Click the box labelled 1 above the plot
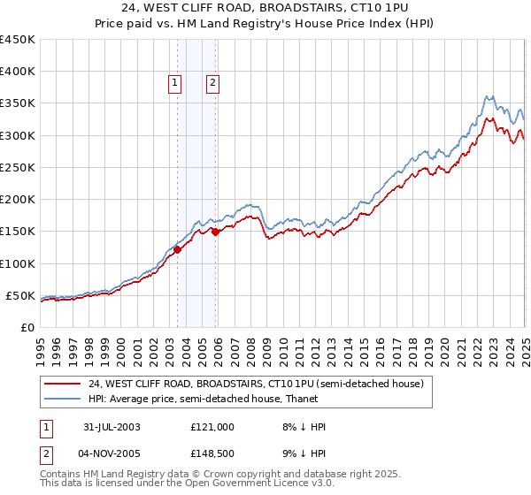point(173,84)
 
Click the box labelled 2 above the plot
point(213,84)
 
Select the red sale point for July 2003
point(178,249)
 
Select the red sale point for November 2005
point(215,232)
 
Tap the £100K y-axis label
point(18,263)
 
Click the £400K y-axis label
point(18,72)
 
